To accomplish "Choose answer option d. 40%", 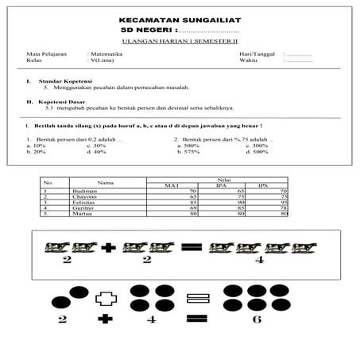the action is (96, 152).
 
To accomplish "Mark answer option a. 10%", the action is (36, 145).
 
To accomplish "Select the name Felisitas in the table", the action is (83, 203).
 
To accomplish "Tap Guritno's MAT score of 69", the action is (192, 208).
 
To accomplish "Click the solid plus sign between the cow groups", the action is (108, 248).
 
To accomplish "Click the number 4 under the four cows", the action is (259, 259).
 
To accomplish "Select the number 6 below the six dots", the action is (256, 319).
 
